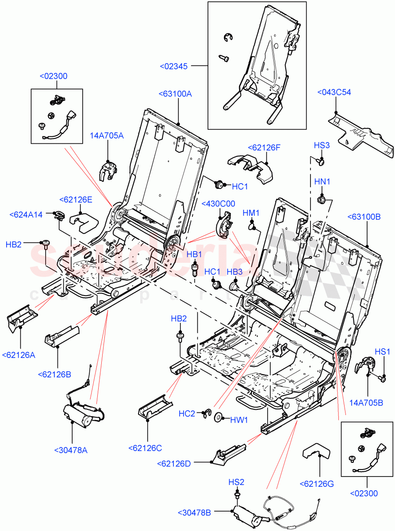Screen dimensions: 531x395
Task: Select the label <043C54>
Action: pyautogui.click(x=334, y=92)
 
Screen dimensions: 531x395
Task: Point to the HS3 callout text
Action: pyautogui.click(x=322, y=145)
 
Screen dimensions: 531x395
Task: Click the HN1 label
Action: pyautogui.click(x=322, y=182)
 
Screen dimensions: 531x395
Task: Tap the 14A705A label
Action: pyautogui.click(x=107, y=136)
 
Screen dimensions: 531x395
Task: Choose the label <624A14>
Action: pyautogui.click(x=26, y=215)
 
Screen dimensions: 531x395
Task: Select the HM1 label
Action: pyautogui.click(x=250, y=213)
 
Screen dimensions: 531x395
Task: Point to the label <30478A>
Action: pyautogui.click(x=71, y=450)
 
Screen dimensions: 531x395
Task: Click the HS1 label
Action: pyautogui.click(x=382, y=352)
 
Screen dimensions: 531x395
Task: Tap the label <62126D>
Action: pyautogui.click(x=174, y=463)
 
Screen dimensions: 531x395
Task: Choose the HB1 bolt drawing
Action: pyautogui.click(x=194, y=269)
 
